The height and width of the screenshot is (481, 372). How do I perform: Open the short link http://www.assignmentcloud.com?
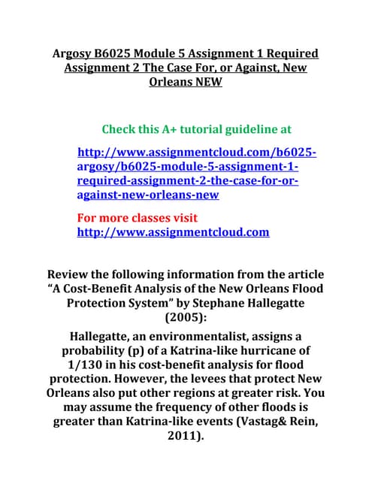click(173, 232)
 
